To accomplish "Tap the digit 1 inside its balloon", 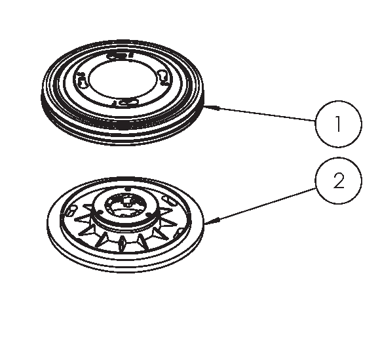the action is click(x=338, y=124).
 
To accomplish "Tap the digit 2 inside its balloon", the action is click(x=339, y=180).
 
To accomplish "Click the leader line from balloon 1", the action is click(x=260, y=113).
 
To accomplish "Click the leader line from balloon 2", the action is click(x=260, y=206).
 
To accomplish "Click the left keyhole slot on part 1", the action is click(x=82, y=80).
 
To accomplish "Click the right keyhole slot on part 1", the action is click(x=162, y=77).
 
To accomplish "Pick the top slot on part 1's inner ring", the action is click(x=119, y=55).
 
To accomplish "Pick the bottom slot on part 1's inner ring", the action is click(x=126, y=102).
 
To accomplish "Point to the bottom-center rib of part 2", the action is click(x=122, y=243).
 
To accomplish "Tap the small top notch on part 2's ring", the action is click(x=128, y=189).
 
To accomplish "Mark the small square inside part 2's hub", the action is click(x=126, y=201).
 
